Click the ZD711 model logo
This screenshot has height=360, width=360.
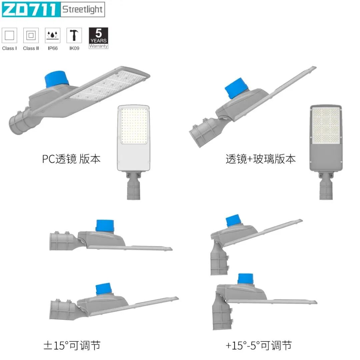coord(30,9)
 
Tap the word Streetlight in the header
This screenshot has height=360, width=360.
coord(82,9)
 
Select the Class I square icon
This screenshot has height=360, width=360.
coord(9,35)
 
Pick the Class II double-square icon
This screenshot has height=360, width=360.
coord(31,35)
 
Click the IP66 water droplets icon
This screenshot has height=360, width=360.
coord(53,35)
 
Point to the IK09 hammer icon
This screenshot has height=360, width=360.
coord(74,35)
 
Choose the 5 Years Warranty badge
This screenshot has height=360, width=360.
coord(98,38)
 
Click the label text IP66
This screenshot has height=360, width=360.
coord(53,48)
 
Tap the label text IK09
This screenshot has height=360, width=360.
coord(74,48)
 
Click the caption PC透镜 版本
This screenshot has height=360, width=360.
coord(71,159)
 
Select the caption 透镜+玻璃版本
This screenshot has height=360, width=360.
coord(260,159)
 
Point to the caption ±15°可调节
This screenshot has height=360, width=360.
coord(72,346)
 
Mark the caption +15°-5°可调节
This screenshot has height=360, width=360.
coord(259,346)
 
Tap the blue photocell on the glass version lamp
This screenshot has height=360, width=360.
coord(236,88)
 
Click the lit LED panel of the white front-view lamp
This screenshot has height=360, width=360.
coord(134,126)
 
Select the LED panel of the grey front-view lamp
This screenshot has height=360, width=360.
coord(326,125)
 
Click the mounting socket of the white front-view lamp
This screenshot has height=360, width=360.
coord(133,186)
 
